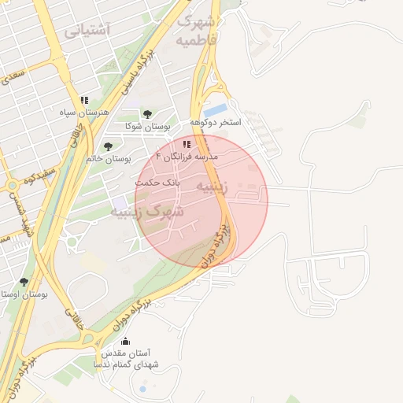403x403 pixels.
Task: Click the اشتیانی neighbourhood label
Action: [87, 30]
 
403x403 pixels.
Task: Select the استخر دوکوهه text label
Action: [215, 124]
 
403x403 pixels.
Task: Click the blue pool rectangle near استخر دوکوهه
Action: [216, 109]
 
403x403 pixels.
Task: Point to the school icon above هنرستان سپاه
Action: [83, 101]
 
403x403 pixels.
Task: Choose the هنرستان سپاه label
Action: [83, 113]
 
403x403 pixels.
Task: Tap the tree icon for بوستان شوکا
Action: [147, 115]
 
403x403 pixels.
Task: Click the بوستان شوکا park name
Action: [147, 126]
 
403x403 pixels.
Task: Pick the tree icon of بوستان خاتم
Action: [108, 146]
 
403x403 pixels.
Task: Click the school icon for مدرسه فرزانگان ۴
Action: [187, 145]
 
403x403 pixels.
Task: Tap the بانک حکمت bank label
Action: [157, 181]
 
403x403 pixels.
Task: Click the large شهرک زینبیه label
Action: [147, 212]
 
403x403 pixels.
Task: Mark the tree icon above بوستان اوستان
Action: [24, 282]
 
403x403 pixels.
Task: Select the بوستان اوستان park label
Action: [24, 294]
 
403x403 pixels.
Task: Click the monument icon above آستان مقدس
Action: [126, 342]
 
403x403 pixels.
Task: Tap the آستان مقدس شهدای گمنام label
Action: [126, 360]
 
